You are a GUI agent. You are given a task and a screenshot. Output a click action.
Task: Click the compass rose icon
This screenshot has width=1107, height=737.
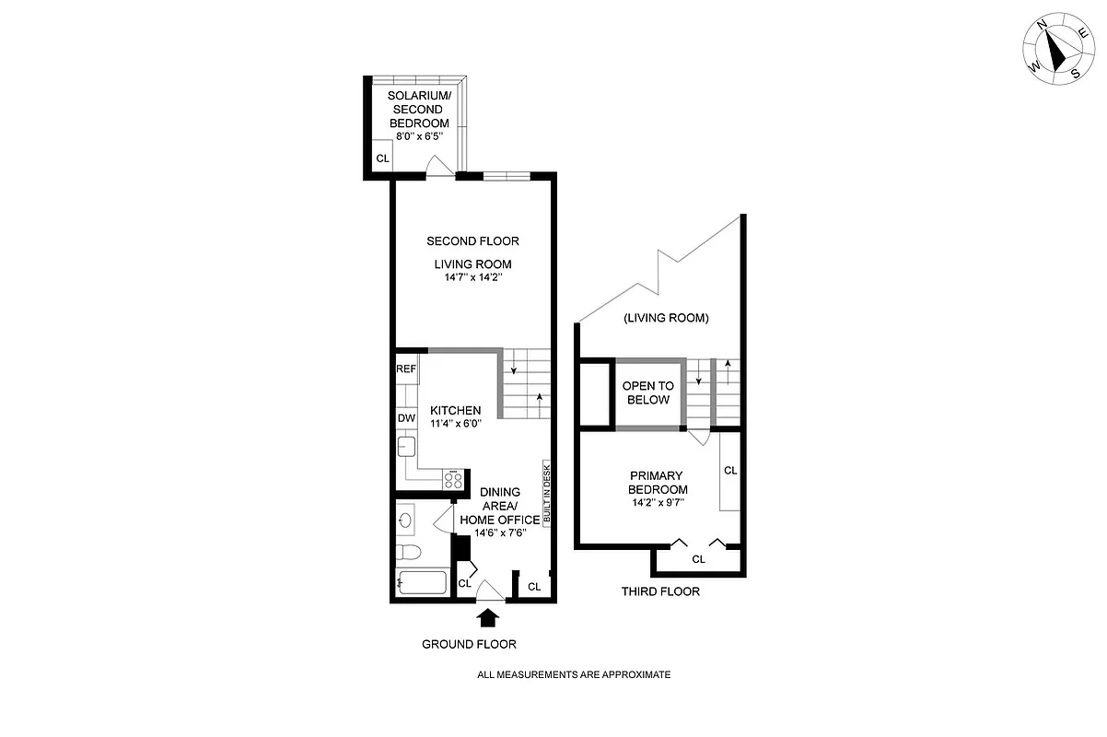click(1056, 53)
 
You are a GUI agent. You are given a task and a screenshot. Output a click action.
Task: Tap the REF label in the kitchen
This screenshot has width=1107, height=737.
click(406, 368)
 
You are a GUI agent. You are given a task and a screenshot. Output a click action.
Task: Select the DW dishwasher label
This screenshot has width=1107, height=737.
click(406, 417)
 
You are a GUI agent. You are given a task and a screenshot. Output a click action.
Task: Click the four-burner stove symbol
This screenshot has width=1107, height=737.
click(452, 479)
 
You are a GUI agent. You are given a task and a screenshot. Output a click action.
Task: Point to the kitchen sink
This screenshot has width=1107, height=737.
click(406, 449)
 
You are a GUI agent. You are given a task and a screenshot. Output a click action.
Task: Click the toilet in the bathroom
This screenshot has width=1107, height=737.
click(408, 553)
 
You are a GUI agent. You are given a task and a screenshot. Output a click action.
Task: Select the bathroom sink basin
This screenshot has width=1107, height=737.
click(406, 521)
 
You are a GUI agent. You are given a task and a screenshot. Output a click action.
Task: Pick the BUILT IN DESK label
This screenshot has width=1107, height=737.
click(546, 493)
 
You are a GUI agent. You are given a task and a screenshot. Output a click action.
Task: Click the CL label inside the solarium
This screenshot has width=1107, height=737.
click(382, 158)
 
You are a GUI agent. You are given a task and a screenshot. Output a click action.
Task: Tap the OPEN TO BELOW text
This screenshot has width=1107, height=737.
click(648, 392)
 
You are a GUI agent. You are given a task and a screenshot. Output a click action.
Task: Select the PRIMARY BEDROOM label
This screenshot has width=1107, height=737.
click(658, 483)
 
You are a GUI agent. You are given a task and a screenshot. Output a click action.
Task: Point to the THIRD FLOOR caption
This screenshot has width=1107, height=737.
click(660, 591)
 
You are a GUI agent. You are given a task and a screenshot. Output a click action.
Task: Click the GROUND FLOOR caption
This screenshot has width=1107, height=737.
click(469, 644)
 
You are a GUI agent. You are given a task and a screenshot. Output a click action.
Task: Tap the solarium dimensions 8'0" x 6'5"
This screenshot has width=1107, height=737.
click(418, 135)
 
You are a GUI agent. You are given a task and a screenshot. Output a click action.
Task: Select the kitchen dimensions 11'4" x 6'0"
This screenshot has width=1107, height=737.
click(454, 424)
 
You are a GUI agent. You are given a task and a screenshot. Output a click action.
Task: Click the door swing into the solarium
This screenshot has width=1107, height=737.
click(440, 165)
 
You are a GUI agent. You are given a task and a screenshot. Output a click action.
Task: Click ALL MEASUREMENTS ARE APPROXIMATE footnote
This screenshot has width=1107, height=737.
click(573, 674)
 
